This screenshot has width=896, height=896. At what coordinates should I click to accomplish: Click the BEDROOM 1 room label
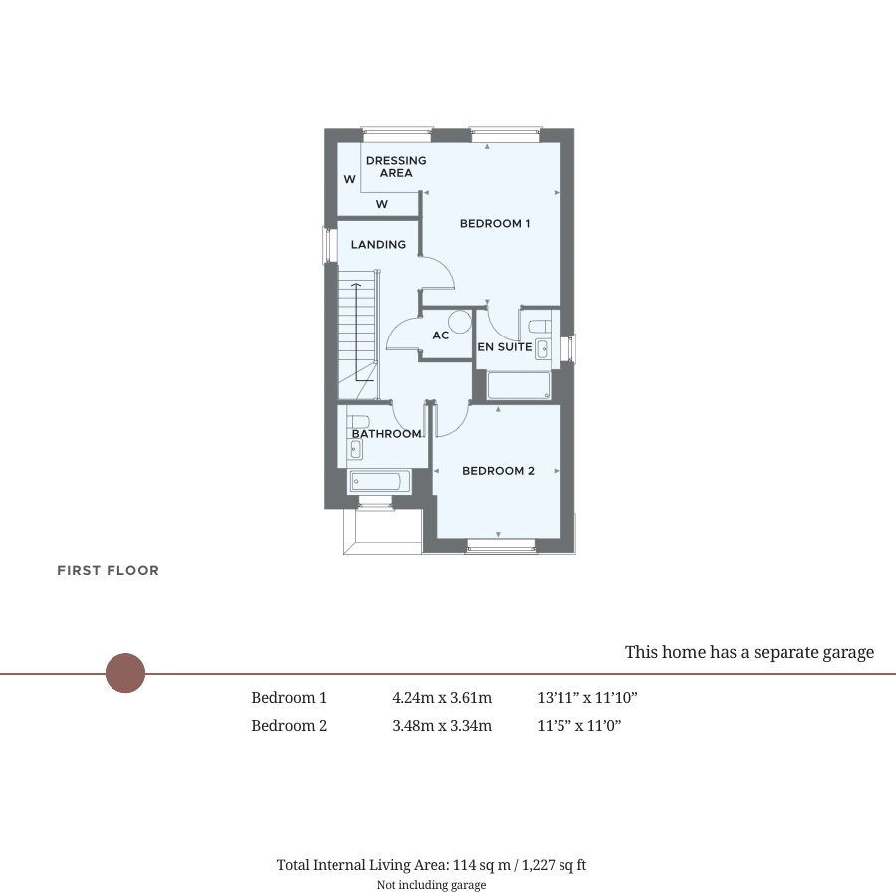(495, 223)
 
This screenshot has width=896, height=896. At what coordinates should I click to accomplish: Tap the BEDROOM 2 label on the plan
(499, 471)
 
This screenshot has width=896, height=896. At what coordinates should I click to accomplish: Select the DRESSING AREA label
(396, 167)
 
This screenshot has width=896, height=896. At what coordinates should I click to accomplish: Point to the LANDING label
(379, 245)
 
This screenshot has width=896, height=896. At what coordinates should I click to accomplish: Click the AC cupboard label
(441, 336)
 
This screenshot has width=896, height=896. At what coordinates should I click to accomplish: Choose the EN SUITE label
(505, 346)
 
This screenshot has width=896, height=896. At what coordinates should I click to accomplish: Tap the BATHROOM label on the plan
(387, 434)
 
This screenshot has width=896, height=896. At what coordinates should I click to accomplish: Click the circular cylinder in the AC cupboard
(459, 322)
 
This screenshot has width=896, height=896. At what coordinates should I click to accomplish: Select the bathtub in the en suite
(519, 385)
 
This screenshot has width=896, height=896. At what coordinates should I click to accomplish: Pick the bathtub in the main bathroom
(380, 482)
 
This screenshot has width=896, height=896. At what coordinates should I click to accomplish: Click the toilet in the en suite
(540, 326)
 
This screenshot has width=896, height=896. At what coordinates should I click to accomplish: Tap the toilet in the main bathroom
(357, 422)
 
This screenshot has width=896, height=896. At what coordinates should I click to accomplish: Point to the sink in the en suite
(543, 349)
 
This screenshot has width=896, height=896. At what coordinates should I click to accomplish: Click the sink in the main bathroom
(356, 450)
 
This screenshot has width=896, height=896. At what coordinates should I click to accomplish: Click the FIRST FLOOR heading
(108, 570)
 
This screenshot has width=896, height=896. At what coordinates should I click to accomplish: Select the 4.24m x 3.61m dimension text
(442, 698)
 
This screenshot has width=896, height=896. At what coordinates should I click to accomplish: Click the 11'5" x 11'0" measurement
(578, 726)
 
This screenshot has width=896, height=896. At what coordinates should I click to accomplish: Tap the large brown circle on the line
(125, 673)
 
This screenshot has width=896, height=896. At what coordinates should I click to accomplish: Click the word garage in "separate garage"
(843, 653)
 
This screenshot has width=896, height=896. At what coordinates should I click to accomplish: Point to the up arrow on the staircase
(357, 332)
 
